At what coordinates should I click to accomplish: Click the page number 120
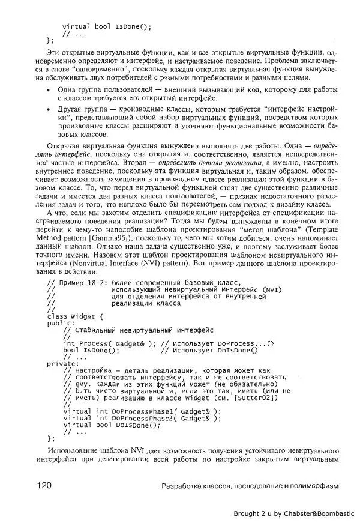[46, 485]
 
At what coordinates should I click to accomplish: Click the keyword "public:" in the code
[61, 322]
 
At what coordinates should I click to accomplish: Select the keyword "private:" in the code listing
[62, 363]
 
